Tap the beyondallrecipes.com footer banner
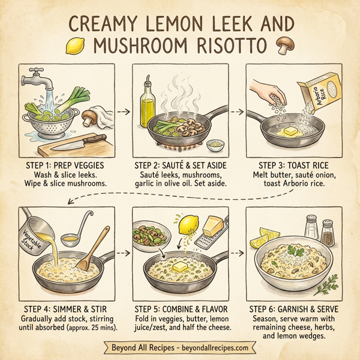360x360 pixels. point(179,347)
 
